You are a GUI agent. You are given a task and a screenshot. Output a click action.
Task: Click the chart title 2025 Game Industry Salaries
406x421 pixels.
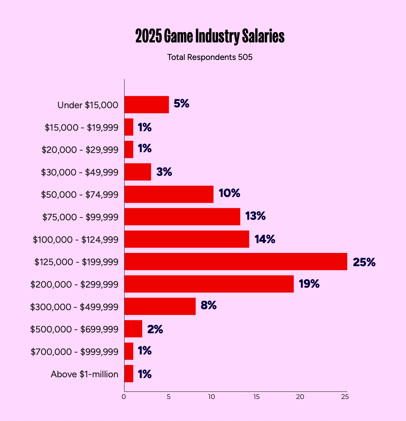tap(210, 36)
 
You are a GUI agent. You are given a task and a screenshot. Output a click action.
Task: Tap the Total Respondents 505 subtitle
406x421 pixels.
tap(210, 57)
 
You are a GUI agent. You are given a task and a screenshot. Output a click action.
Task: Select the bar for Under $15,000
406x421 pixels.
tap(146, 105)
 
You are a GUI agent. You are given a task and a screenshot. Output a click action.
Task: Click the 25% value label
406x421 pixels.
tap(364, 262)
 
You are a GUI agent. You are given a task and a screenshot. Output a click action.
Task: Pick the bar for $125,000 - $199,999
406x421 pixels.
tap(236, 262)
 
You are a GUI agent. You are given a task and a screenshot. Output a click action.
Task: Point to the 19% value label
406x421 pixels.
tap(309, 284)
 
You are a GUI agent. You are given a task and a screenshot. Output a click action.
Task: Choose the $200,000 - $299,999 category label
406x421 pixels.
tap(74, 284)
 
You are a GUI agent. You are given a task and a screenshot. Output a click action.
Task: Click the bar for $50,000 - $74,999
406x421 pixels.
tap(169, 194)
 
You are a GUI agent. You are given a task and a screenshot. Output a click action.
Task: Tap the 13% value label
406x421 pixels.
tap(255, 216)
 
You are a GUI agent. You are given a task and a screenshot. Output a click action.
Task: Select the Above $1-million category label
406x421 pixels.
tap(84, 374)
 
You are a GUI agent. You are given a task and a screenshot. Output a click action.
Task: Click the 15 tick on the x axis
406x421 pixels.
tap(256, 397)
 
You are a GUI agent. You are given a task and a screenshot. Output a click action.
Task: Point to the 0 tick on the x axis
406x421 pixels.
tap(124, 397)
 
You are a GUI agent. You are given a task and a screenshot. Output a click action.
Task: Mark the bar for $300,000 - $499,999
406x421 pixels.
tap(160, 306)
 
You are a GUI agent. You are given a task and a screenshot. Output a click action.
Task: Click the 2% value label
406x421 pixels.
tap(155, 329)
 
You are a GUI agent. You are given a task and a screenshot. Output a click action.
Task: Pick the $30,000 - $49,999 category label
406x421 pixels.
tap(80, 172)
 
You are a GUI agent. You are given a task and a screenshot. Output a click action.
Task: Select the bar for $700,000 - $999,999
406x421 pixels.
tap(129, 351)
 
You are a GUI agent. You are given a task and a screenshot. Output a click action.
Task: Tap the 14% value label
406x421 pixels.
tap(265, 239)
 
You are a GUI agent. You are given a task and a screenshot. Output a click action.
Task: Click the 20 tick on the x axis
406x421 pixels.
tap(300, 397)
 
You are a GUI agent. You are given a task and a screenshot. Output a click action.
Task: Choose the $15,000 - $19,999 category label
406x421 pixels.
tap(81, 128)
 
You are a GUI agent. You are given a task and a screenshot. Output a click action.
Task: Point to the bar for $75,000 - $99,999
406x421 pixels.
tap(182, 217)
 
